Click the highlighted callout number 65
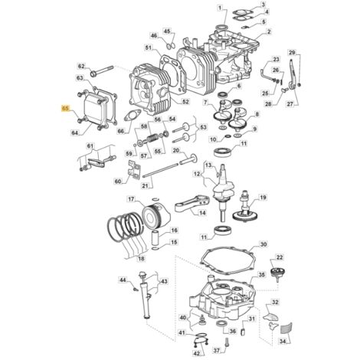[65, 108]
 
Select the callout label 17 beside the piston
[131, 199]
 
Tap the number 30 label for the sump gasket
[263, 244]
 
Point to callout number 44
[123, 280]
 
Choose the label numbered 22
[280, 257]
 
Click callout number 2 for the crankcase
[269, 31]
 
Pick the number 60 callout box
[118, 182]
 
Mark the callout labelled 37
[216, 352]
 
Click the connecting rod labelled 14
[192, 205]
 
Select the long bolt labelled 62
[102, 70]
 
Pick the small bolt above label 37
[227, 342]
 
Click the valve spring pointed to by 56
[152, 139]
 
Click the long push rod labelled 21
[160, 170]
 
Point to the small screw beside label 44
[136, 289]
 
